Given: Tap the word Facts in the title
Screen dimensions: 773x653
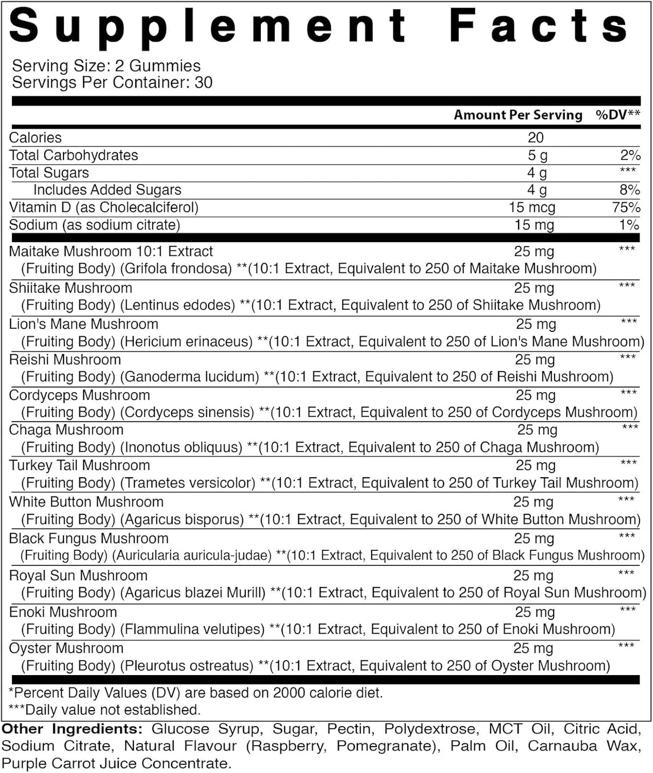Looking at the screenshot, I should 538,26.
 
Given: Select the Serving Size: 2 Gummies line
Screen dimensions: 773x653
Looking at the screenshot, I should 106,66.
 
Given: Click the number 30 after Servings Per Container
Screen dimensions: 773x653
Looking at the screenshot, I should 203,82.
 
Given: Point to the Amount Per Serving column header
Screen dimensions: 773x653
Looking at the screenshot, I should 518,115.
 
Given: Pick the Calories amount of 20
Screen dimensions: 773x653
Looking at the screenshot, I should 535,138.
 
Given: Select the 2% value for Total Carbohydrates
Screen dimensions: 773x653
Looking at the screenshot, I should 630,155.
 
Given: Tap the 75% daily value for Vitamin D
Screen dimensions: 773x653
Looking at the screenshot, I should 626,207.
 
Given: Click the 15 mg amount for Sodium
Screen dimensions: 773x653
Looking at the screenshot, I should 534,225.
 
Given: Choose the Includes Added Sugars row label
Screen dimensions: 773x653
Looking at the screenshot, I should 107,190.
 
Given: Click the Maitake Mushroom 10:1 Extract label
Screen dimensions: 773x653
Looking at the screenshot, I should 111,251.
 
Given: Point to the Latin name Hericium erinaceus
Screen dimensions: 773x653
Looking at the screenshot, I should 186,342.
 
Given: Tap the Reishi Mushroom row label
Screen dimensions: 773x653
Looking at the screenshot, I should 65,359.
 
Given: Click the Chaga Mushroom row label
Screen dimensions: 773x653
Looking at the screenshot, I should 66,430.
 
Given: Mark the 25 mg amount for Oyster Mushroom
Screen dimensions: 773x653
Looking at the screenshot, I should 533,648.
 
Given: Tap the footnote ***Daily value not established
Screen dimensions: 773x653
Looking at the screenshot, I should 104,710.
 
